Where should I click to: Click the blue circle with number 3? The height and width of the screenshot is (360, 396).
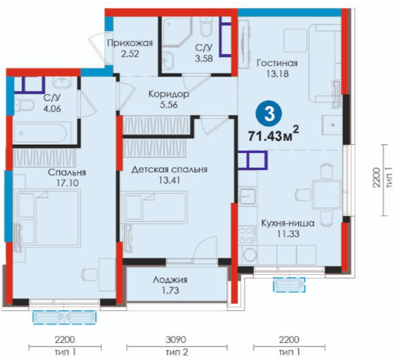pos(270,114)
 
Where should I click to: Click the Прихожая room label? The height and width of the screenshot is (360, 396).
pos(130,43)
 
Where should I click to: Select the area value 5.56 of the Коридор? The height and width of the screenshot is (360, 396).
pos(168,105)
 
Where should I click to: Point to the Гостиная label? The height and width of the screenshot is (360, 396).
pos(277,62)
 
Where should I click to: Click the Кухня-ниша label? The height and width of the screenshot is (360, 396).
pos(288,223)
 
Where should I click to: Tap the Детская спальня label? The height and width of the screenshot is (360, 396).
pos(169,169)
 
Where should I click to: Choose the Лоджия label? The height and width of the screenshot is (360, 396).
pos(170,280)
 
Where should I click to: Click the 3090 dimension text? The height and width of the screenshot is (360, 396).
pos(176,339)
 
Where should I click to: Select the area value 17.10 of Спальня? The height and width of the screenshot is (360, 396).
pos(67,183)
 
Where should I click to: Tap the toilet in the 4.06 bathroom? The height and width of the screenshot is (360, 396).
pos(24,105)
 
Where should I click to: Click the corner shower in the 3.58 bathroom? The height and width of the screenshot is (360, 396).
pos(177,32)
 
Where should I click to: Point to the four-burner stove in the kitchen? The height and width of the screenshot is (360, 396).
pos(246,235)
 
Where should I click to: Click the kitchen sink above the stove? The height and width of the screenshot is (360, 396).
pos(247,197)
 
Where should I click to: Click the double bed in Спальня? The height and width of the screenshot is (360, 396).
pos(48,218)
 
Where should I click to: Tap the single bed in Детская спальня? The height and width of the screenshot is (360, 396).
pos(155,207)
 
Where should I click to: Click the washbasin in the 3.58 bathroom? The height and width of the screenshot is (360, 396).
pos(168,60)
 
